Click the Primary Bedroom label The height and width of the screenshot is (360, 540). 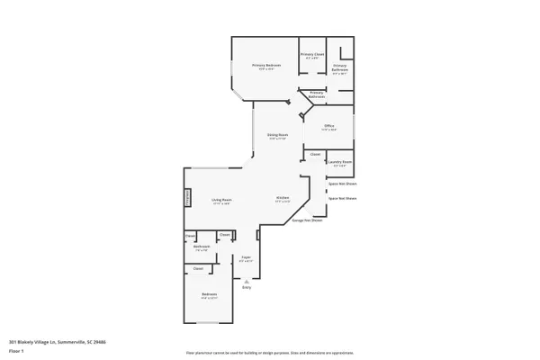pos(266,66)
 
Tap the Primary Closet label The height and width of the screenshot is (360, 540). pos(311,55)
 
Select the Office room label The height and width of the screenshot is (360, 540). pos(329,127)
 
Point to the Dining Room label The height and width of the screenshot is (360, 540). pos(277,135)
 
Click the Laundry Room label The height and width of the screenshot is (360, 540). pos(339,163)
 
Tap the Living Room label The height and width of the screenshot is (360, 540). pos(221,201)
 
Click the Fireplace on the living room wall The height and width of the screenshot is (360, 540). pos(188,198)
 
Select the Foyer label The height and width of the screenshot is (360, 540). pos(246,258)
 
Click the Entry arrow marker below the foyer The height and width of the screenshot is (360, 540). pos(246,279)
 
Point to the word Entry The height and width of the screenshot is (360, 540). pos(246,287)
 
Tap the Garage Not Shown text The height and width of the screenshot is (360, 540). pos(307,220)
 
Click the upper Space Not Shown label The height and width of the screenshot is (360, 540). pos(342,183)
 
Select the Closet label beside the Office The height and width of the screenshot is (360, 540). pos(315,154)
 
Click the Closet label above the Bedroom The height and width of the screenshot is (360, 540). pos(198,268)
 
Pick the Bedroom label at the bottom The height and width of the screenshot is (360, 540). pos(209,295)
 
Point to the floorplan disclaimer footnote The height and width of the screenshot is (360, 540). pos(269,353)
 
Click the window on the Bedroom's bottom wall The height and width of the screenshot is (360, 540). pos(209,322)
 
